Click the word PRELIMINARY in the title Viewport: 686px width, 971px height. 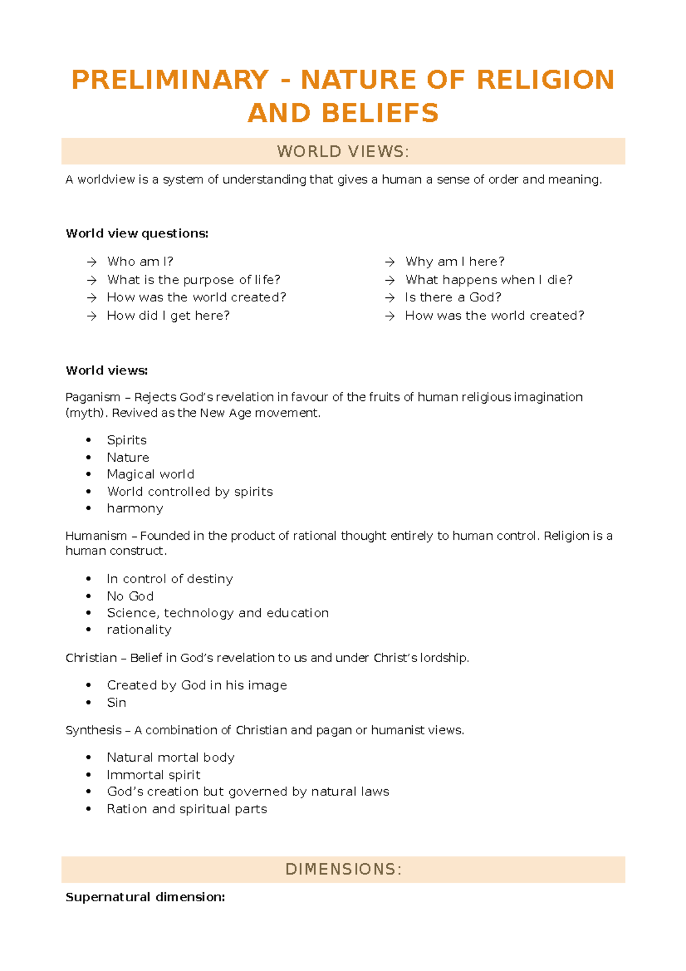click(170, 80)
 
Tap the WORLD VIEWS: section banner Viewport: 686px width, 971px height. click(343, 152)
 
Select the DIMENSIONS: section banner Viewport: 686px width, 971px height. click(343, 869)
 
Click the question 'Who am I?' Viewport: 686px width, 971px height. click(140, 262)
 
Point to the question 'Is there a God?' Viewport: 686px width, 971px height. click(453, 297)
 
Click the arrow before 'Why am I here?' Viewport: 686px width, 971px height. click(390, 262)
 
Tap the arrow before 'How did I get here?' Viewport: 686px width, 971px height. click(91, 316)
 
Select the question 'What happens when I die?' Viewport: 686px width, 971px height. click(489, 280)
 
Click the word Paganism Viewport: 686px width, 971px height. click(93, 397)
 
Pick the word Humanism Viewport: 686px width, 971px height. click(96, 536)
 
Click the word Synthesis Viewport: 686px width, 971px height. click(93, 730)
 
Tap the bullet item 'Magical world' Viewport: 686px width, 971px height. click(150, 475)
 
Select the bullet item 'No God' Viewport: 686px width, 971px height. click(130, 596)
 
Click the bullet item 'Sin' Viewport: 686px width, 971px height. click(117, 703)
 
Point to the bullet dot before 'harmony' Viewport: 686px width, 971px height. click(89, 508)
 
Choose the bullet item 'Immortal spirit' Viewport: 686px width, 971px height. click(153, 775)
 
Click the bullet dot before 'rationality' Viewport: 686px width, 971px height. click(89, 630)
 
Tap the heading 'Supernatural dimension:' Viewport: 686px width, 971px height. click(145, 897)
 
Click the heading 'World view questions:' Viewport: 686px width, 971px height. click(137, 233)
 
